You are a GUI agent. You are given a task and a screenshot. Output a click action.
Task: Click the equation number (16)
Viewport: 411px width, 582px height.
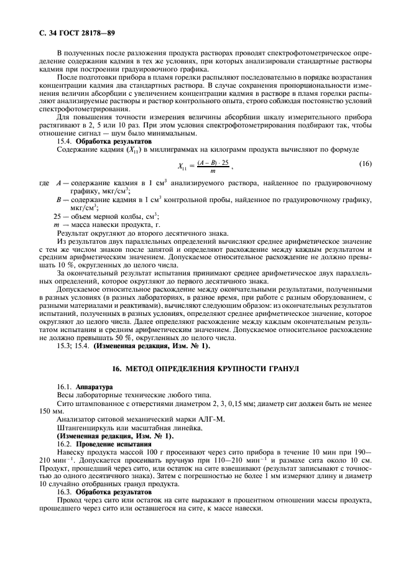tap(366, 163)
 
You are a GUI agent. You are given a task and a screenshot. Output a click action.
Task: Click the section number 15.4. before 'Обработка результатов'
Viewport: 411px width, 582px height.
tap(65, 141)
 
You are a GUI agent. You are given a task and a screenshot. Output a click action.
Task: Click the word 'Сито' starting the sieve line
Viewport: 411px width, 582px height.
tap(65, 403)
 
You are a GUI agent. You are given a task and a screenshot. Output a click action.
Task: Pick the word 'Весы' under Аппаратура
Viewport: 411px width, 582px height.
tap(67, 395)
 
